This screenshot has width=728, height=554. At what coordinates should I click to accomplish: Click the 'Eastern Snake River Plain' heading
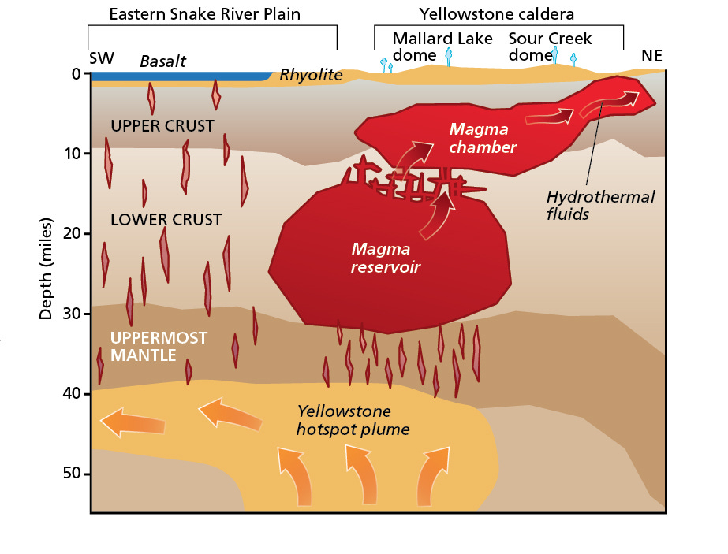point(204,14)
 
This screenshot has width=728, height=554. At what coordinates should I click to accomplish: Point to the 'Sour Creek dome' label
point(550,46)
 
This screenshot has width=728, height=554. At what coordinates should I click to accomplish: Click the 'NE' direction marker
point(651,57)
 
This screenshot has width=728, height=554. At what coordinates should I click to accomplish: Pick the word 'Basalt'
point(162,61)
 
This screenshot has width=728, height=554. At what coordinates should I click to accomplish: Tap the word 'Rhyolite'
point(311,75)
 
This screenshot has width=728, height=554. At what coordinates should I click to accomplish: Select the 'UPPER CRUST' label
point(162,126)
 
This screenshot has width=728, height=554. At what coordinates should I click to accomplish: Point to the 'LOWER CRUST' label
point(166,219)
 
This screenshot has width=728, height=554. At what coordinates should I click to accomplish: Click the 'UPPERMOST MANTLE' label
point(159,346)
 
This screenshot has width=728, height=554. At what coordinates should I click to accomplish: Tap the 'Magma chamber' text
point(483,138)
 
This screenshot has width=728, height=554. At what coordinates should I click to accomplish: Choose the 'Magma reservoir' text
point(386,258)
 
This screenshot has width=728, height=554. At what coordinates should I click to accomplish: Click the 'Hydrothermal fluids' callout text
point(601,205)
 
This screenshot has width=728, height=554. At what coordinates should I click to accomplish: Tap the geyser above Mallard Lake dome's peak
point(450,55)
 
